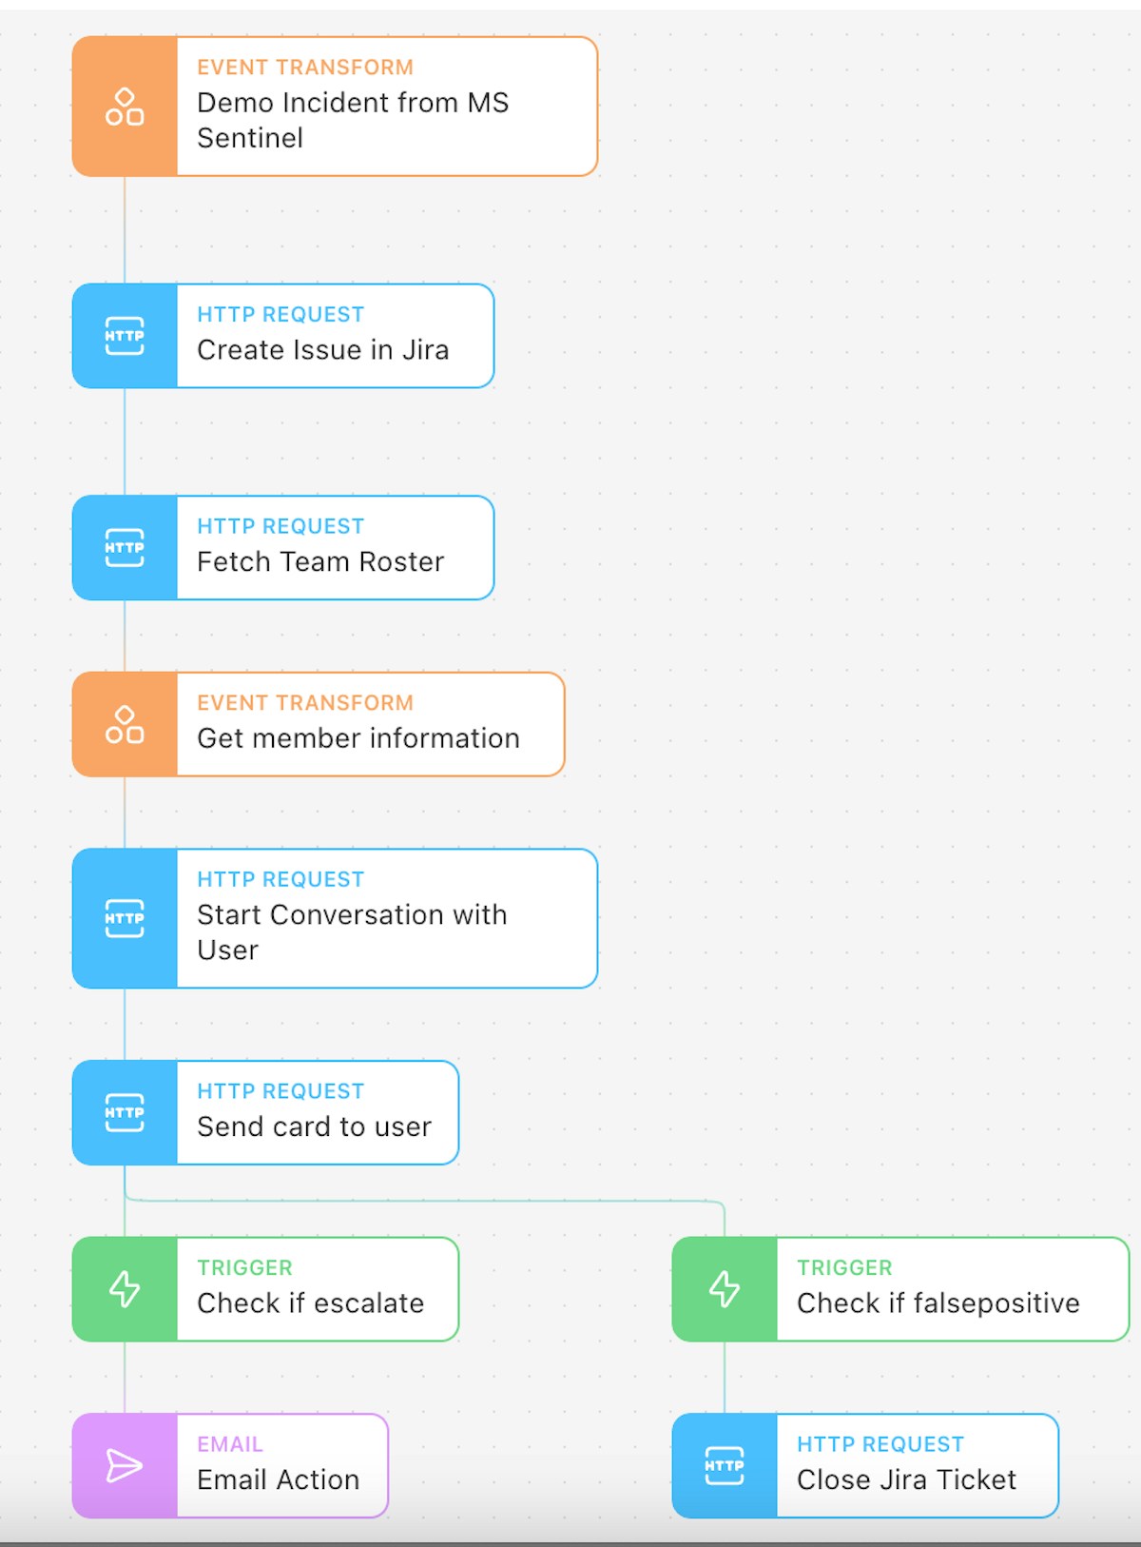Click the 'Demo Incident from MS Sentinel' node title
[x=353, y=120]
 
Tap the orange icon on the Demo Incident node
[x=125, y=107]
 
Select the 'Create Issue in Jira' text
[x=322, y=349]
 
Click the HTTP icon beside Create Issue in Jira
[x=125, y=336]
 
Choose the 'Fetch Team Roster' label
[x=320, y=561]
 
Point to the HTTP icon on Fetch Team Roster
[x=125, y=547]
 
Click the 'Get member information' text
[x=358, y=738]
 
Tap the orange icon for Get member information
[x=125, y=725]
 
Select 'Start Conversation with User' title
[x=352, y=931]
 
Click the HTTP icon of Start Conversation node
[x=125, y=918]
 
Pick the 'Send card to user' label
[x=315, y=1126]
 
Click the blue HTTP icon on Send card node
[x=125, y=1112]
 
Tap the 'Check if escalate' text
[x=310, y=1302]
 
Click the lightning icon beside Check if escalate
[x=125, y=1289]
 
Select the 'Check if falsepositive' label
[x=938, y=1302]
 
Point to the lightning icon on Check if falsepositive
[x=725, y=1289]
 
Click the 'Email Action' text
[x=278, y=1479]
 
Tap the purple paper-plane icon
[x=124, y=1465]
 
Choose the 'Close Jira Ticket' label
[x=906, y=1479]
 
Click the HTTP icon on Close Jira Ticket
[x=725, y=1465]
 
